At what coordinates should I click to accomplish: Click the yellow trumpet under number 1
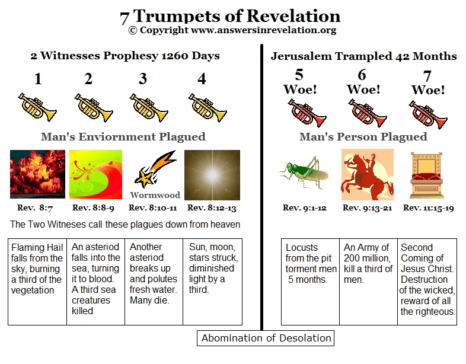(37, 107)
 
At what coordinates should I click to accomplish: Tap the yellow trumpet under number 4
(208, 107)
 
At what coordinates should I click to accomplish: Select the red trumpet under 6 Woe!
(368, 113)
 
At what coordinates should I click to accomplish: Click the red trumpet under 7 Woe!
(428, 114)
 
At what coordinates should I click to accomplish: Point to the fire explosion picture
(37, 174)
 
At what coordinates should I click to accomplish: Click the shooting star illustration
(155, 170)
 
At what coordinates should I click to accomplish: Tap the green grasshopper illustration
(304, 173)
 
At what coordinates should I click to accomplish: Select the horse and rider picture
(368, 174)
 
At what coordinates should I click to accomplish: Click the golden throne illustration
(426, 175)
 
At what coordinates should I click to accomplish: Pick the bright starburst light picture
(212, 175)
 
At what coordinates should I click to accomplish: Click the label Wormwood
(155, 195)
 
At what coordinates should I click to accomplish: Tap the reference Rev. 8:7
(35, 207)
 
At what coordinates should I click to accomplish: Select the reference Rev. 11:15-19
(428, 207)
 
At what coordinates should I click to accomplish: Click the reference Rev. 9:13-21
(367, 207)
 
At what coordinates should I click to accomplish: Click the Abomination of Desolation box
(266, 338)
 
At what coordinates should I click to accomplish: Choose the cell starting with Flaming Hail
(37, 282)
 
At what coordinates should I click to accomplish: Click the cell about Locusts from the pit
(310, 282)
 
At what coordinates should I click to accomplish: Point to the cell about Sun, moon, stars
(212, 282)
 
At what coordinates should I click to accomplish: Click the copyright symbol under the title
(133, 30)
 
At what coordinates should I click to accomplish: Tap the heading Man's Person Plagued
(363, 137)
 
